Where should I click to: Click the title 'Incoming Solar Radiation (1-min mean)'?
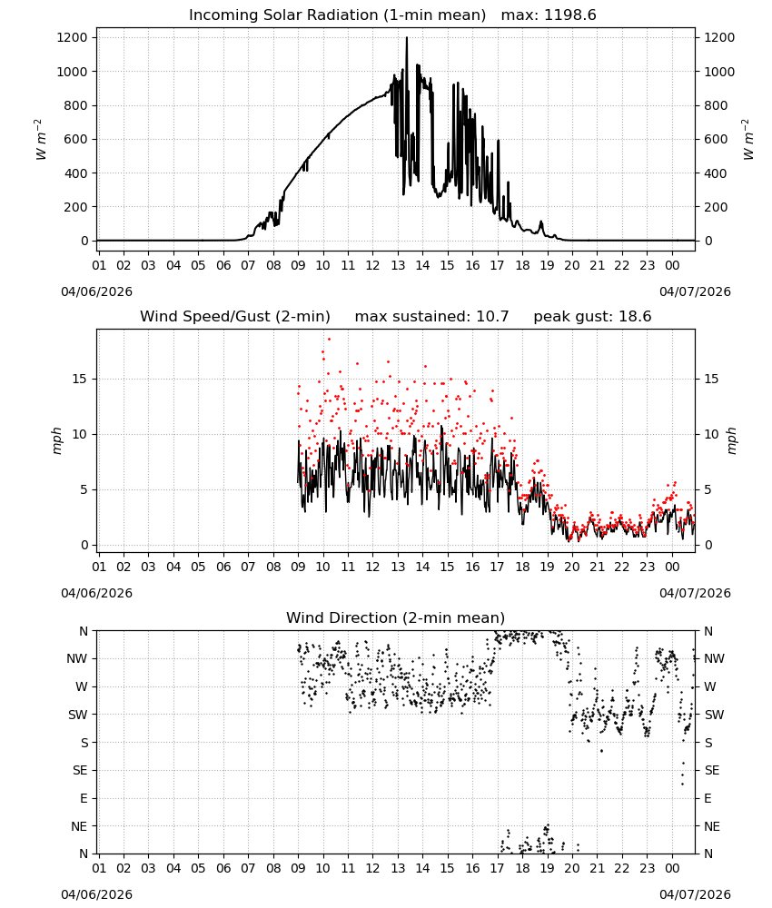point(337,15)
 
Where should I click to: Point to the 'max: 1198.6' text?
point(549,15)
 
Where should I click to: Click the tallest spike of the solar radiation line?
point(407,38)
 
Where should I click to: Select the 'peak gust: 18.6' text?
point(592,317)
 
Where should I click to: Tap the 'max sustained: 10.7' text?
point(431,317)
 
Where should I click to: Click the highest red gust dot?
point(329,340)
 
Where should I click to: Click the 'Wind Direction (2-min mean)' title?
point(396,617)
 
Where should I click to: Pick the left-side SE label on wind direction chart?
point(80,770)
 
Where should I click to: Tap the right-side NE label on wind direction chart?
point(712,826)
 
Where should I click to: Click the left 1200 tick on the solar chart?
point(73,37)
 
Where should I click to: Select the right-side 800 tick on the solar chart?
point(716,105)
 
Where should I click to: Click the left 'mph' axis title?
point(56,440)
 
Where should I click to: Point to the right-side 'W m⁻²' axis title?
point(747,140)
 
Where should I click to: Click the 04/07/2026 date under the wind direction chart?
point(695,894)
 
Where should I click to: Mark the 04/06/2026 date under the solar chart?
point(96,291)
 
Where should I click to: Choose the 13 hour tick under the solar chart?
point(398,265)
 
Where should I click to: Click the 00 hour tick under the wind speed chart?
point(672,567)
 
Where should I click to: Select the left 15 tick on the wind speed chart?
point(80,379)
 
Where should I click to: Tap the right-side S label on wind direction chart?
point(708,743)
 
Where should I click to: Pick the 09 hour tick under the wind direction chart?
point(298,868)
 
